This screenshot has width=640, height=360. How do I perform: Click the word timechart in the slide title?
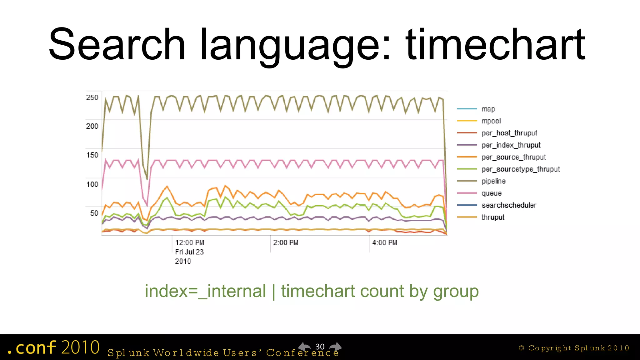[495, 44]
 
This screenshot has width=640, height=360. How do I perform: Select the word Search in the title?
[117, 44]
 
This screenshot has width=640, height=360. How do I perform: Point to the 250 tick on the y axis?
[92, 97]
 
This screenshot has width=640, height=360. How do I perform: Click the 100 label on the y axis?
[92, 184]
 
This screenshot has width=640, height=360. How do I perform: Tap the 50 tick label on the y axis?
[94, 213]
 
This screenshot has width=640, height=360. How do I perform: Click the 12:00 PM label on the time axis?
[189, 243]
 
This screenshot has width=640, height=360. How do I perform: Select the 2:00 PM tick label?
[286, 243]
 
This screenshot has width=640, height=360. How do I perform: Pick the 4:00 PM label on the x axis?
[385, 243]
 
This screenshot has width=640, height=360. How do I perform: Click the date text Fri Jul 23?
[189, 252]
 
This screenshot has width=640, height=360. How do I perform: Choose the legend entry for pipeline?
[493, 181]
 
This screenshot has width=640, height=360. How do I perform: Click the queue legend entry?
[492, 193]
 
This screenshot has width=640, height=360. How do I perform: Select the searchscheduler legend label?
[509, 205]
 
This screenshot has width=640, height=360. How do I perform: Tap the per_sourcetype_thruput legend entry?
[521, 169]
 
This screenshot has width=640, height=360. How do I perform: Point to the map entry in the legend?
[488, 109]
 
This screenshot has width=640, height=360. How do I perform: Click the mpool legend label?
[491, 121]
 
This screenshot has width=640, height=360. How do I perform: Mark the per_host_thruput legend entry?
[509, 133]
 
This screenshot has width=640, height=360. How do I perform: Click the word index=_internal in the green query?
[205, 291]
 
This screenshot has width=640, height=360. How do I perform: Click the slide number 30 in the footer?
[320, 347]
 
